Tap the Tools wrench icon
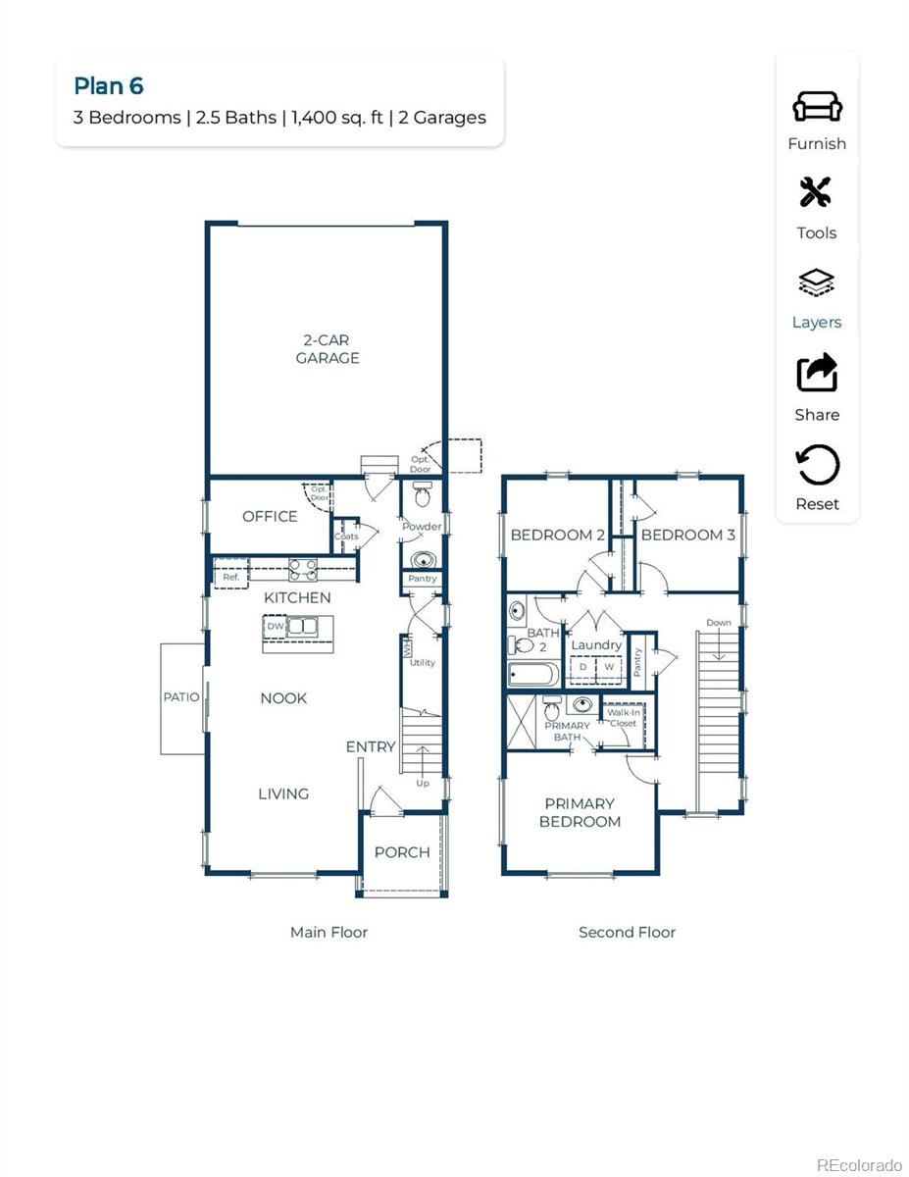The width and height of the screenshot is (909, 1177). tap(816, 193)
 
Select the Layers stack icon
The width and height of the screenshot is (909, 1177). tap(816, 283)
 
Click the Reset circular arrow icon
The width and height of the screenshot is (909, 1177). tap(817, 465)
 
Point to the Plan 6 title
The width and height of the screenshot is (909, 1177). tap(109, 86)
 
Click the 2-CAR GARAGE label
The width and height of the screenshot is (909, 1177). tap(328, 349)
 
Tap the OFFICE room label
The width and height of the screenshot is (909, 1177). tap(270, 517)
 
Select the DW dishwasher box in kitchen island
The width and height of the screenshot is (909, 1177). tap(276, 626)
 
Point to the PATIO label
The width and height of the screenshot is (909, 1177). tap(181, 697)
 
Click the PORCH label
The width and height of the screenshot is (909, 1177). tap(402, 852)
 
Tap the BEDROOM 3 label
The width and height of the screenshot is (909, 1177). tap(687, 536)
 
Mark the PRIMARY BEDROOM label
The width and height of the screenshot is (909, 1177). tap(580, 813)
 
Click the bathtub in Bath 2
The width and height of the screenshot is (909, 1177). tap(533, 675)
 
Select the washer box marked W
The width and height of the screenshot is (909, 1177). tap(608, 667)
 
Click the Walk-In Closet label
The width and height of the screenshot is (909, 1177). tap(622, 718)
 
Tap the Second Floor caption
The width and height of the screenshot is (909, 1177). tap(627, 933)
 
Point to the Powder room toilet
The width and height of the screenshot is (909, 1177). tap(423, 497)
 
